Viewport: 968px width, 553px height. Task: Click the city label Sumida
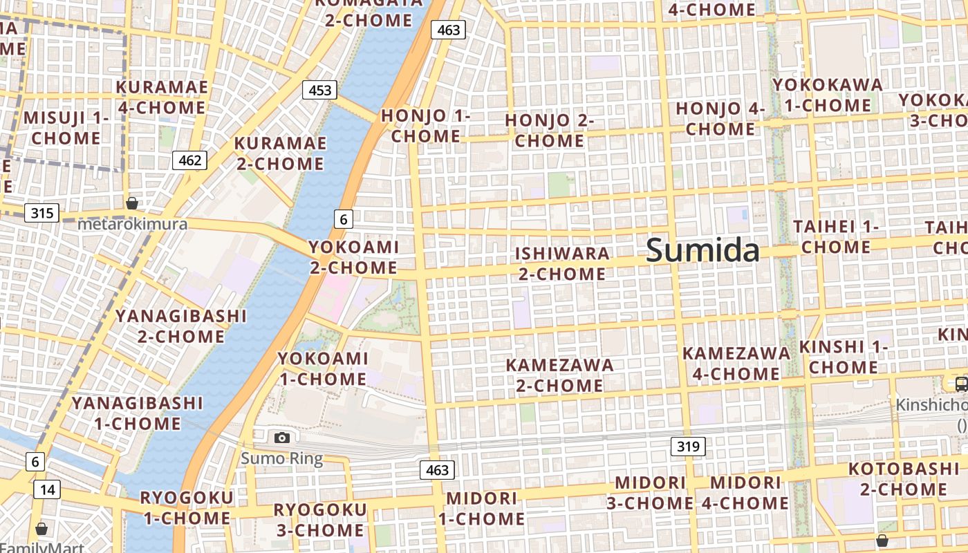coord(702,250)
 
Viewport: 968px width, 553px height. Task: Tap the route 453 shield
coord(319,90)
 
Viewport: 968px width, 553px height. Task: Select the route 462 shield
coord(189,161)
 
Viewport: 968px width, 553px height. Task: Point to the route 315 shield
coord(41,212)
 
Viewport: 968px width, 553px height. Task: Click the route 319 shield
coord(688,447)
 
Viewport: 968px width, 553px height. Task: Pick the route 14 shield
coord(47,489)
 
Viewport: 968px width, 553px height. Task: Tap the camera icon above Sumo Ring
coord(281,438)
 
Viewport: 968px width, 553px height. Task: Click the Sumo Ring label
coord(281,458)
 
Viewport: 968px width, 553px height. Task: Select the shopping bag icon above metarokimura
coord(131,203)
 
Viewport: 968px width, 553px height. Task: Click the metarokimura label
coord(132,224)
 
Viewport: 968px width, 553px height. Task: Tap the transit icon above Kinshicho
coord(960,384)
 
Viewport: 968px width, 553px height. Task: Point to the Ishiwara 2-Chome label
coord(562,263)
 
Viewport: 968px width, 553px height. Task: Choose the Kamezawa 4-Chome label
coord(736,364)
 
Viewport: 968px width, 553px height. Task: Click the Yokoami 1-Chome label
coord(323,368)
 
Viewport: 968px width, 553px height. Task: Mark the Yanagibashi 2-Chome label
coord(180,326)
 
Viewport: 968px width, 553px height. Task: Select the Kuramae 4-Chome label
coord(162,97)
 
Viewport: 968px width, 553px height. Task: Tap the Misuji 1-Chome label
coord(66,128)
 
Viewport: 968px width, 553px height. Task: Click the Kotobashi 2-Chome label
coord(904,479)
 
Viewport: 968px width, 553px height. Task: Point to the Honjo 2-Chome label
coord(550,130)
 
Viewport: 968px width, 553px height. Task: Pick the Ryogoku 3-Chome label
coord(320,520)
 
